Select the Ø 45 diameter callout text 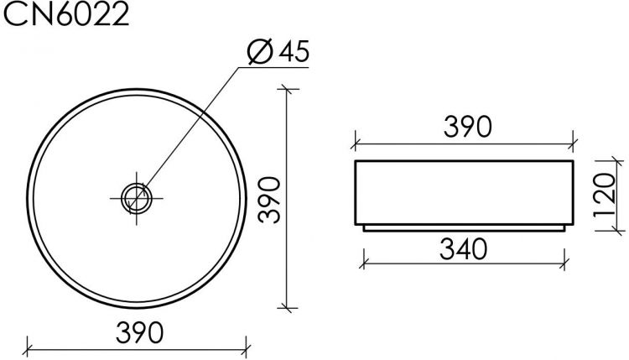(x=279, y=52)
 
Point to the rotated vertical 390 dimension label (x=267, y=200)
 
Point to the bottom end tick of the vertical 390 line (x=288, y=308)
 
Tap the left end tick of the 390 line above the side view (x=355, y=139)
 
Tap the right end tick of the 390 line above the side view (x=573, y=139)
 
